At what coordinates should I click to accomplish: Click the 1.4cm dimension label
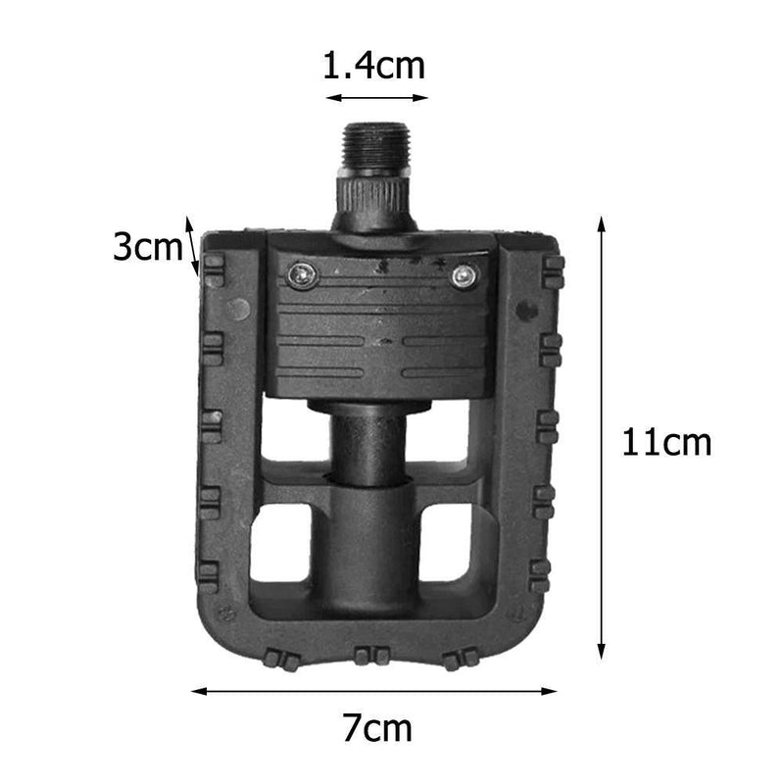[374, 67]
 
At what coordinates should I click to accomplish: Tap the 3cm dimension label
[147, 247]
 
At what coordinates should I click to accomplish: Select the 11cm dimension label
[666, 443]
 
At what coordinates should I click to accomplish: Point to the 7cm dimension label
[377, 728]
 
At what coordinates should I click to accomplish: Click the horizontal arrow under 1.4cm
[377, 98]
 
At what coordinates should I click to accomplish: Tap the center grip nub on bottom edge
[372, 656]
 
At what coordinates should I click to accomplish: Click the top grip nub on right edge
[553, 272]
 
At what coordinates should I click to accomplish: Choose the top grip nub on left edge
[213, 269]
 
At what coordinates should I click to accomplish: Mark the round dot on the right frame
[526, 311]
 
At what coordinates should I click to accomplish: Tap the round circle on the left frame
[238, 310]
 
